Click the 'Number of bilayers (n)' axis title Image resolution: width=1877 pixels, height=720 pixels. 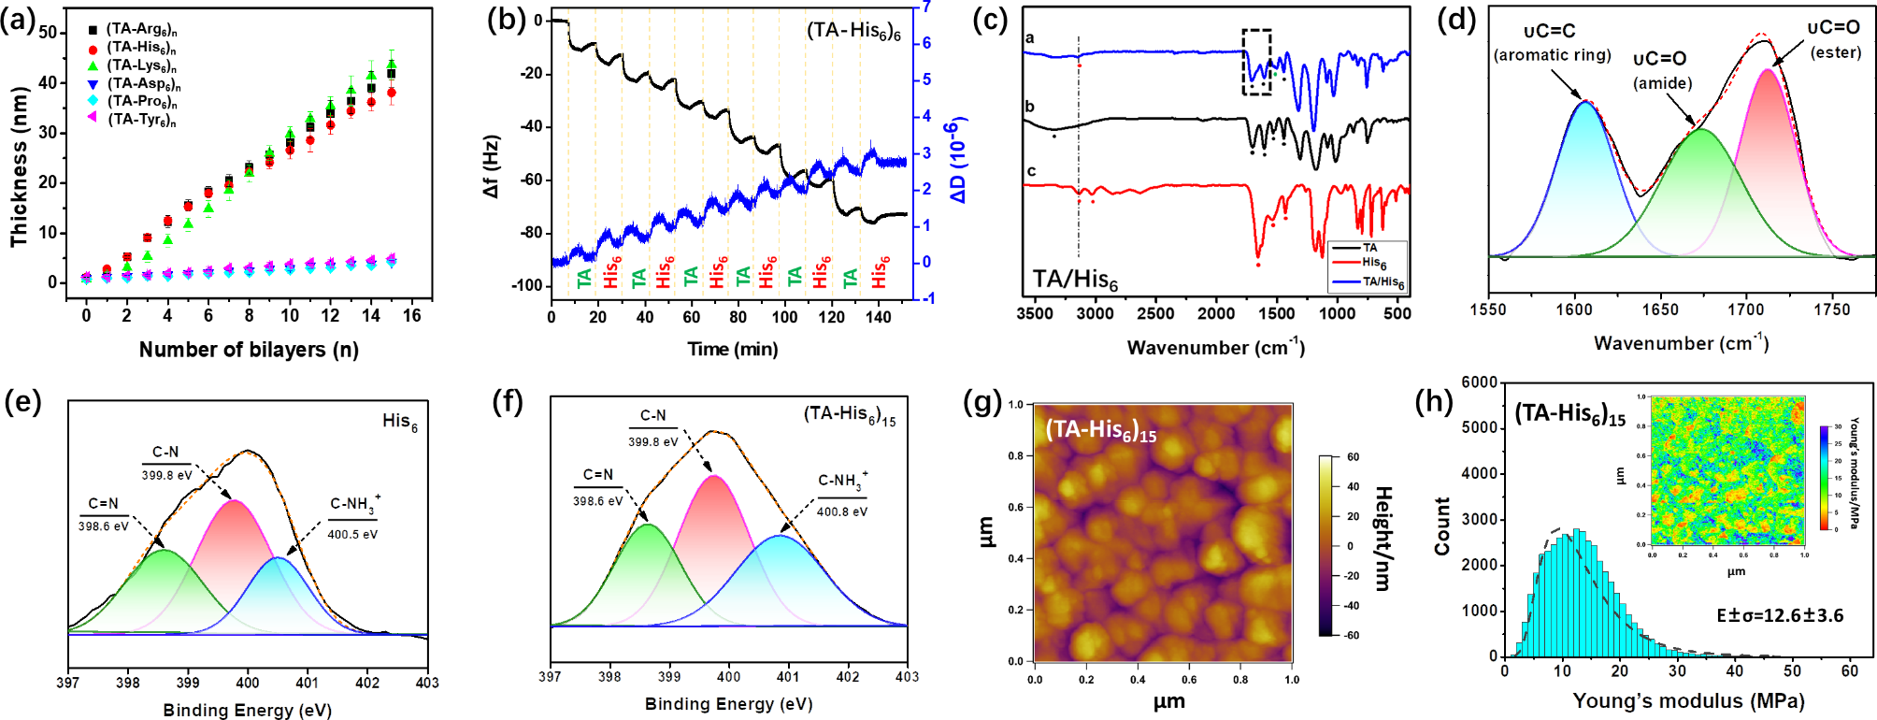tap(249, 350)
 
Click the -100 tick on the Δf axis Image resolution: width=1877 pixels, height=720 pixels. tap(527, 286)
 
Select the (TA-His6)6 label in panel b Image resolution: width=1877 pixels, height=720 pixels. tap(853, 32)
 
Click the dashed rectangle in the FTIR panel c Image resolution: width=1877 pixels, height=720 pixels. tap(1256, 62)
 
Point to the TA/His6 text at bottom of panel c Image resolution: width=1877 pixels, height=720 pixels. tap(1075, 280)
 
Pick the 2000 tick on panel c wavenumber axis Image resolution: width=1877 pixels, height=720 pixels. tap(1216, 314)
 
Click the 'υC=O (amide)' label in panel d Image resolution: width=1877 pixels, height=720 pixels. tap(1662, 71)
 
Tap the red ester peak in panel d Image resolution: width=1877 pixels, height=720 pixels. tap(1768, 159)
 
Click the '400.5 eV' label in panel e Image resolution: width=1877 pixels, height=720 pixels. tap(352, 535)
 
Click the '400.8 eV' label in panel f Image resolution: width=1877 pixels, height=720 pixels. tap(841, 512)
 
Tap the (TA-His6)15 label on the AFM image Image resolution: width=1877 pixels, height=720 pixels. tap(1100, 431)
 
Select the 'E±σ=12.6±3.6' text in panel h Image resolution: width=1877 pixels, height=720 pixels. tap(1779, 615)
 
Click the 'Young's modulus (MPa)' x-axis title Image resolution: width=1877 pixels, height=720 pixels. tap(1688, 701)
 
